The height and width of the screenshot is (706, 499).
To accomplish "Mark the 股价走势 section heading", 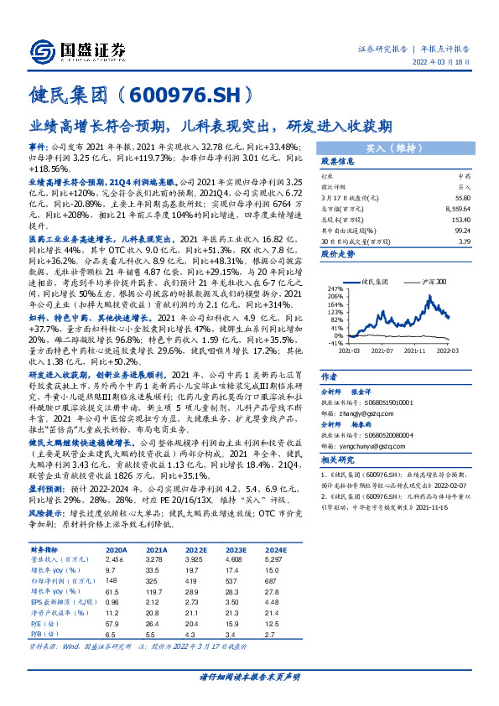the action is (336, 252).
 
